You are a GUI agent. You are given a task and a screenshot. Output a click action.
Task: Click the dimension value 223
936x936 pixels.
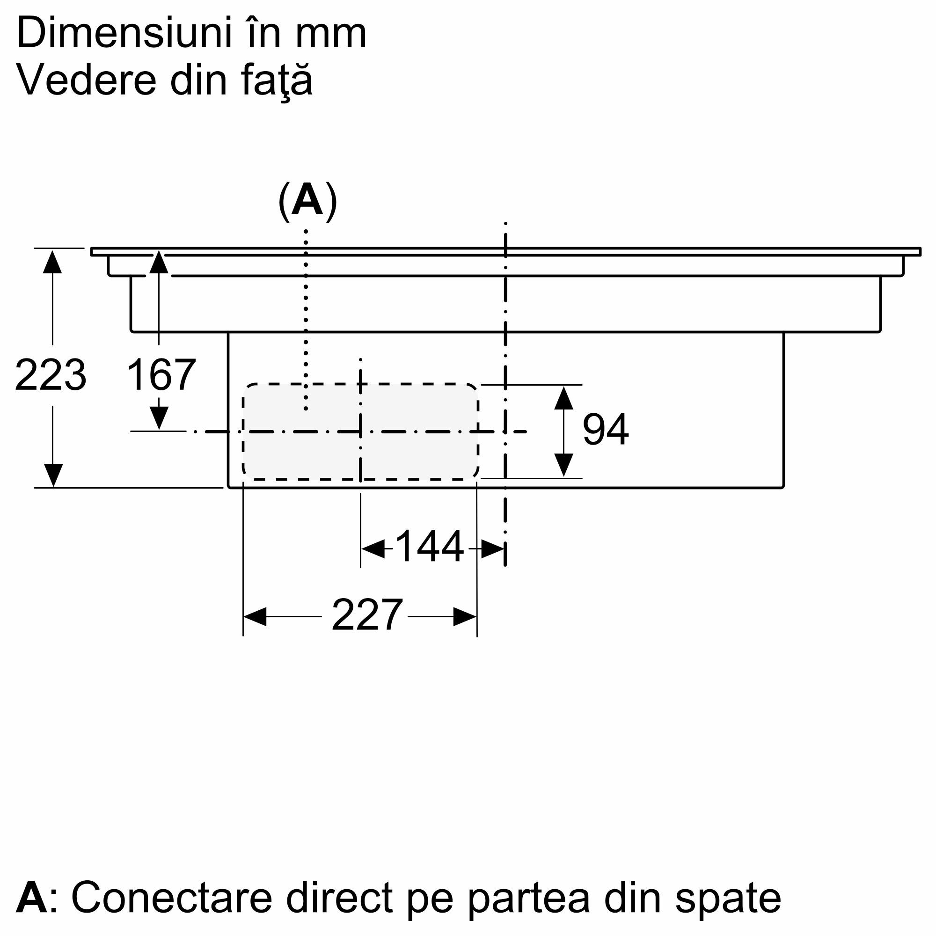(51, 375)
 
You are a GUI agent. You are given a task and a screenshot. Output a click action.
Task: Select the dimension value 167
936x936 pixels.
(161, 375)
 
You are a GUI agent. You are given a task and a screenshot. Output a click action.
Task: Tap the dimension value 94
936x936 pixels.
(606, 429)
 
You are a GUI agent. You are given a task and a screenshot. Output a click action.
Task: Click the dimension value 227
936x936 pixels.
(367, 615)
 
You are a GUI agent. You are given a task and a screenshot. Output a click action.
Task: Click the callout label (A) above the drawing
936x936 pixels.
(307, 201)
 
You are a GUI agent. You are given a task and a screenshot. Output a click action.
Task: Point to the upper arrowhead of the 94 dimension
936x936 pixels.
(564, 398)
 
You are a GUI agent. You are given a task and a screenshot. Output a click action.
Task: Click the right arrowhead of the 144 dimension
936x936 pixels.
(493, 548)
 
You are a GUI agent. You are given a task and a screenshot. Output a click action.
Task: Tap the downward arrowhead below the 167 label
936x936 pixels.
(159, 418)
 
